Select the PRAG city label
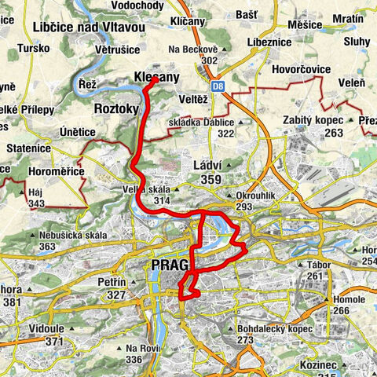click(168, 268)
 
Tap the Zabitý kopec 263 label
click(310, 126)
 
